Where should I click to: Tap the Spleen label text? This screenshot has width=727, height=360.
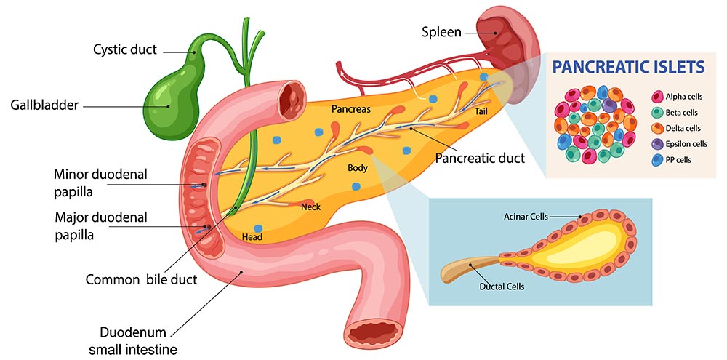point(441,32)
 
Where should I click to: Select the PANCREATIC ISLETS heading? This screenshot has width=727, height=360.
point(628,68)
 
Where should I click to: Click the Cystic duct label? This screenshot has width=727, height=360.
point(125,50)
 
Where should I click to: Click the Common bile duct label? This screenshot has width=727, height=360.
point(141,279)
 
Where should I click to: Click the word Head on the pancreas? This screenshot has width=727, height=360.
point(252,237)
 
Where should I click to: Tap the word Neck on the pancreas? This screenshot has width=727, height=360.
point(310,207)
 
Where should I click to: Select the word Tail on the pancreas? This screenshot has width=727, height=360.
point(481,111)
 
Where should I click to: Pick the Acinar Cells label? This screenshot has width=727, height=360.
point(526,217)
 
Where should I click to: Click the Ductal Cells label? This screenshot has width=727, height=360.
point(502,287)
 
